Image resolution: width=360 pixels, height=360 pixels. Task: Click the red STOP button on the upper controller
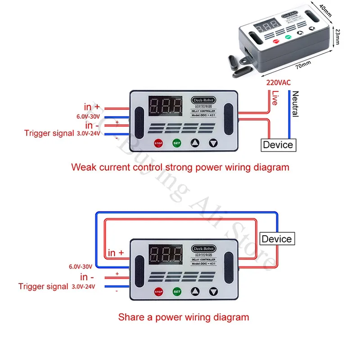coord(158,144)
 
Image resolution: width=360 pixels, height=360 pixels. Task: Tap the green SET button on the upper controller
coord(176,144)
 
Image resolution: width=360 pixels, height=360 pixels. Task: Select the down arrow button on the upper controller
coord(213,144)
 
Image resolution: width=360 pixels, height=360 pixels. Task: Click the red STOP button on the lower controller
coord(158,292)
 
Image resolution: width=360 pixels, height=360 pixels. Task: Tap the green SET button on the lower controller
coord(176,292)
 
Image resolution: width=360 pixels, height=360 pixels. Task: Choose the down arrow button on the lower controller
coord(213,292)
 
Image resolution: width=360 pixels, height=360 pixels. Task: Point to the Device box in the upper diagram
coord(278,144)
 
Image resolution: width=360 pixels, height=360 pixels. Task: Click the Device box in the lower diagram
coord(276,239)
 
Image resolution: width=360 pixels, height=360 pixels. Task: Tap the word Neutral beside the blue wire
coord(295,104)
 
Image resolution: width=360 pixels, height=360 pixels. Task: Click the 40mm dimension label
coord(324,9)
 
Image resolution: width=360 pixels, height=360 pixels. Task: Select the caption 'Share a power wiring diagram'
coord(184,317)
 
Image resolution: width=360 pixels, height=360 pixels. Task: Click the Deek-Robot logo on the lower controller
coord(204,248)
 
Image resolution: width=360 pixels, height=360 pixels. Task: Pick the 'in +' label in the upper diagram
coord(92,107)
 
